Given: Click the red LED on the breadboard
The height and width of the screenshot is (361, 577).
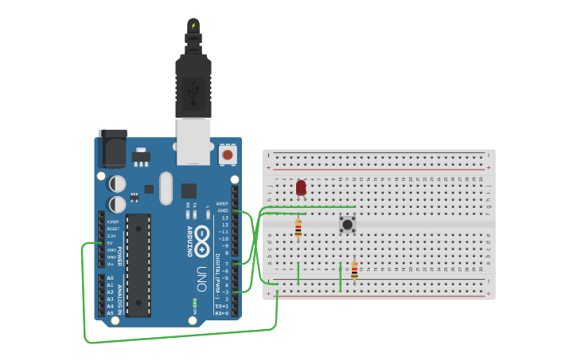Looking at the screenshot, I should tap(301, 188).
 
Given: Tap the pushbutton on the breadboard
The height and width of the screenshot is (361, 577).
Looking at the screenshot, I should tap(347, 225).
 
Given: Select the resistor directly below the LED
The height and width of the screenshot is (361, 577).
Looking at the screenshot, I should tap(298, 229).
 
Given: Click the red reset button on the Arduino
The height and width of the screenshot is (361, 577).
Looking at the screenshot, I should tap(228, 155).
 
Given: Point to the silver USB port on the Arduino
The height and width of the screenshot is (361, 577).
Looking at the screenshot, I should tap(193, 141).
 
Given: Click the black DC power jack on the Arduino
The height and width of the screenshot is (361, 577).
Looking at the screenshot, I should tap(112, 149).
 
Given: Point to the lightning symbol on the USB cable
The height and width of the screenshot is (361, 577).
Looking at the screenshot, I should tap(193, 26).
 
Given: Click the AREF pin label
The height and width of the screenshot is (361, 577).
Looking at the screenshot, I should tap(222, 203).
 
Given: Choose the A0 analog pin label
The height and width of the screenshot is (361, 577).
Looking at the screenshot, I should tap(110, 277).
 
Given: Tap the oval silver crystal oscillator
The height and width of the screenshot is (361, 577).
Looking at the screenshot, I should tap(166, 188).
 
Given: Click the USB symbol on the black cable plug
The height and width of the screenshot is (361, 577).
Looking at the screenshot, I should tap(193, 92).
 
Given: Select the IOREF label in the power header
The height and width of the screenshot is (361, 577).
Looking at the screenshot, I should tap(113, 222).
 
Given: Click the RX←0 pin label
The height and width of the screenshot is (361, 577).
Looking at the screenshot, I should tap(222, 313).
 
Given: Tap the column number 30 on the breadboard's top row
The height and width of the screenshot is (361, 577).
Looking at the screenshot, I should tap(481, 179).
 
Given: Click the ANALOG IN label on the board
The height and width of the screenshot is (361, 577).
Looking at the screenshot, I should tap(121, 295).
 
